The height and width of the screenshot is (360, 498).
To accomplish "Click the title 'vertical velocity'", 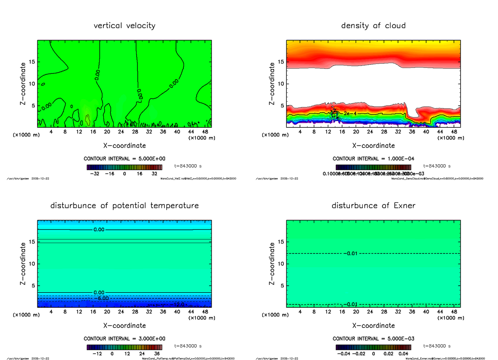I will click(124, 26).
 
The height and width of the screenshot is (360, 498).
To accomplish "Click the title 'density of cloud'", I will click(373, 26).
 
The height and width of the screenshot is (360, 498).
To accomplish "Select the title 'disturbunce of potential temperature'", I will click(124, 206).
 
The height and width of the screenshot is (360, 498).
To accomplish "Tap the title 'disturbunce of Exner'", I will click(373, 206).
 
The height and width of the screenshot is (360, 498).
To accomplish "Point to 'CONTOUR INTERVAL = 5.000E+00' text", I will click(124, 159).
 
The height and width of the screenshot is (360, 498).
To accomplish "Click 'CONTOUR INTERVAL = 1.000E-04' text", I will click(373, 159).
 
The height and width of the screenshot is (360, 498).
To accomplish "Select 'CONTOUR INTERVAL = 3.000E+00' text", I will click(124, 338).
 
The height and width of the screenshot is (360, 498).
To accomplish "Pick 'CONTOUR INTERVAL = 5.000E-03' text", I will click(373, 338).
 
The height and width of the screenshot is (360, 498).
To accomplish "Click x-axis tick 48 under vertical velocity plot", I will click(205, 131).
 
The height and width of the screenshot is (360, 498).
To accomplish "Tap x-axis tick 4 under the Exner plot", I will click(300, 311).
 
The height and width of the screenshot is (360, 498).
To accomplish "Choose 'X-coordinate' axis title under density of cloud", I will click(373, 146).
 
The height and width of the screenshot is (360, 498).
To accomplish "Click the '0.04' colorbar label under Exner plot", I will click(404, 354).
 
